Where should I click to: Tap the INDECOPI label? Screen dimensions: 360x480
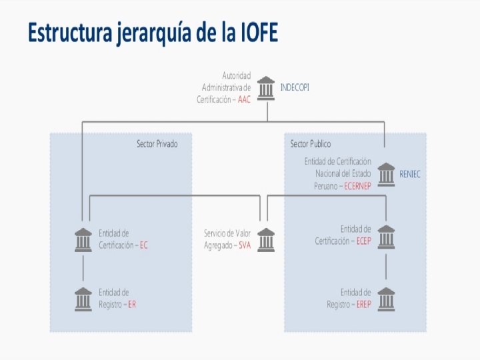[295, 87]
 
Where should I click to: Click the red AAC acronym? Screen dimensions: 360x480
[244, 99]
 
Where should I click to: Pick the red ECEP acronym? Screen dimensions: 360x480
[363, 241]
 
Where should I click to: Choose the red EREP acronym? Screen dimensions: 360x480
[364, 304]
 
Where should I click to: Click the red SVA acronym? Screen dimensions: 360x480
[245, 245]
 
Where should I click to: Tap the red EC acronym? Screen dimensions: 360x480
[143, 245]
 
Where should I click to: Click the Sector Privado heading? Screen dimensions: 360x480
[157, 143]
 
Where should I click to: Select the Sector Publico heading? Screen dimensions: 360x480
[311, 143]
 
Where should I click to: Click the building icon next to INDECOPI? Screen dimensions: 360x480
[266, 87]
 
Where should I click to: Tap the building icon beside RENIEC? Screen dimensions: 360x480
[386, 174]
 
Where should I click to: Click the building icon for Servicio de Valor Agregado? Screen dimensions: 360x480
[266, 239]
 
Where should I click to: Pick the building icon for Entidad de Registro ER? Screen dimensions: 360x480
[83, 299]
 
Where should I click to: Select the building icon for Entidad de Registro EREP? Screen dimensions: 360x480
[386, 299]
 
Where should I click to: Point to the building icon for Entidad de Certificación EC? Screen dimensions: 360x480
[83, 239]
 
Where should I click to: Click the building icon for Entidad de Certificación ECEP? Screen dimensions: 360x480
[386, 236]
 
